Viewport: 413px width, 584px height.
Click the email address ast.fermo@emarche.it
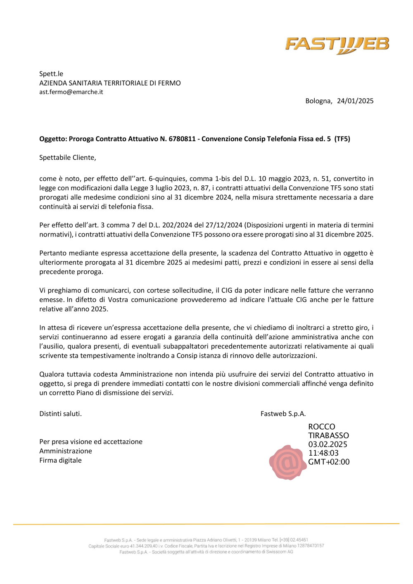71,92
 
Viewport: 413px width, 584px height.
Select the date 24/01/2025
355,101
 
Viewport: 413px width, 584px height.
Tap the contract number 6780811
182,139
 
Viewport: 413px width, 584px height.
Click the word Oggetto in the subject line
52,139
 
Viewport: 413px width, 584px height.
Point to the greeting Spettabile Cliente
67,158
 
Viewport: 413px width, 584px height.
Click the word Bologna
318,101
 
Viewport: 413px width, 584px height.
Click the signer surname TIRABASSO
328,436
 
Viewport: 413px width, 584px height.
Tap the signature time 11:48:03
323,453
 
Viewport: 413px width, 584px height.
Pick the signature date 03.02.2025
328,445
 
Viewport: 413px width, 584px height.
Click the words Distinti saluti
60,414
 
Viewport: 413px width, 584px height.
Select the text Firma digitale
60,461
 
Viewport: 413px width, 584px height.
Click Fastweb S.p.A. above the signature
283,414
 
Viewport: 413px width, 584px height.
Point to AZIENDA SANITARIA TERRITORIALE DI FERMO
110,83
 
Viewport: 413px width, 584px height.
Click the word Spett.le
51,74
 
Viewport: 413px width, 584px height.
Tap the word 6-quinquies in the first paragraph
168,179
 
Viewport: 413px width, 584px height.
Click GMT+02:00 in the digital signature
329,462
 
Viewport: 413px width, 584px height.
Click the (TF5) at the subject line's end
342,139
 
